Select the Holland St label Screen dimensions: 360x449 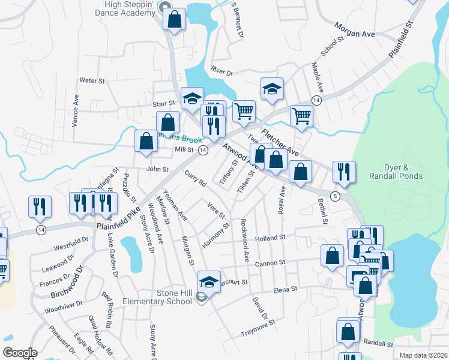coord(268,238)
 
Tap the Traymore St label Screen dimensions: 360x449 coord(258,328)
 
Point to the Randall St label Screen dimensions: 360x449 coord(378,344)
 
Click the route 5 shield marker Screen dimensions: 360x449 coord(336,196)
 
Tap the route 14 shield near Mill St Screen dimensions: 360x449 coord(203,150)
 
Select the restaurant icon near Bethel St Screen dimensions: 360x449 coord(344,172)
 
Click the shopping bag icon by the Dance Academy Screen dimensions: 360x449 coord(174,19)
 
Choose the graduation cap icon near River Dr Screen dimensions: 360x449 coord(272,89)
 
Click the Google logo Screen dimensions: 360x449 coord(20,353)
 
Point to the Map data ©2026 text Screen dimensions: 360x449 coord(423,355)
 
